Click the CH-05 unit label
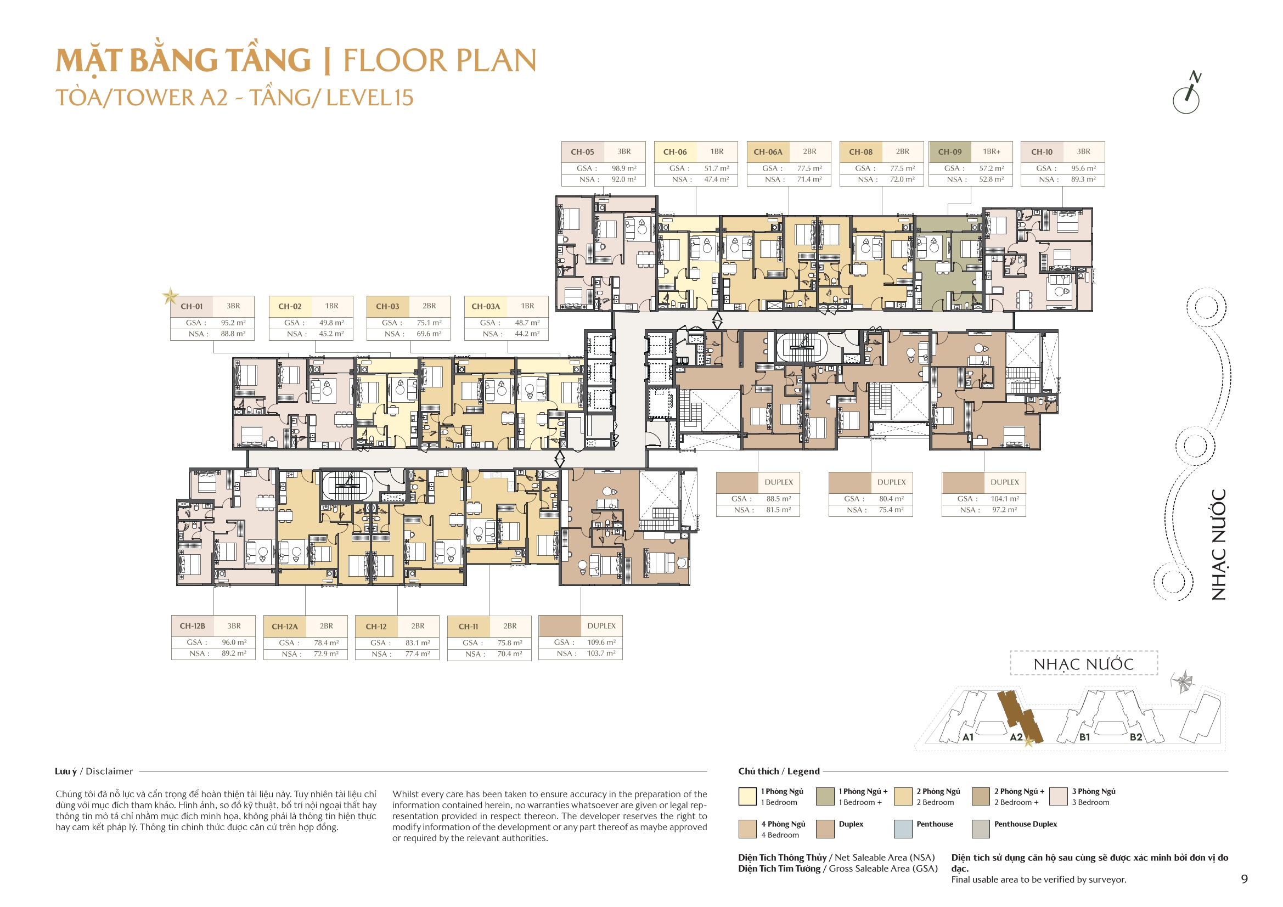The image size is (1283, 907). pyautogui.click(x=582, y=152)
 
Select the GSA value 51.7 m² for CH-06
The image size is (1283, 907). pyautogui.click(x=716, y=168)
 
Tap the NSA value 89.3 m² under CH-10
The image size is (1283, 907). pyautogui.click(x=1083, y=179)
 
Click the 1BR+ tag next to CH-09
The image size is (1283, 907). pyautogui.click(x=991, y=151)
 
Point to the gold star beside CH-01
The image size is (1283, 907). pyautogui.click(x=170, y=296)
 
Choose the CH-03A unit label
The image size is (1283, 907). pyautogui.click(x=486, y=306)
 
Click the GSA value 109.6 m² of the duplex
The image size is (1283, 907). pyautogui.click(x=601, y=643)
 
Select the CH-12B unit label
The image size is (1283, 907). pyautogui.click(x=192, y=626)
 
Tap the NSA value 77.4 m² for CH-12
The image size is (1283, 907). pyautogui.click(x=418, y=654)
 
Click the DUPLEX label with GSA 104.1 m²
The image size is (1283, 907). pyautogui.click(x=1004, y=482)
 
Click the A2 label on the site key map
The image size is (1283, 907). pyautogui.click(x=1016, y=737)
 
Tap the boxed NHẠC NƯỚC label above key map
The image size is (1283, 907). pyautogui.click(x=1083, y=664)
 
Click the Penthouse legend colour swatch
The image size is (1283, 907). pyautogui.click(x=903, y=829)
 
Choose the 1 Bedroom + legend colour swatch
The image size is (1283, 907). pyautogui.click(x=825, y=796)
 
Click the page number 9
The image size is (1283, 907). pyautogui.click(x=1244, y=879)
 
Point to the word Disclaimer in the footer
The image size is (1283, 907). pyautogui.click(x=110, y=771)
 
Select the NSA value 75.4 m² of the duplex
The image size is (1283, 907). pyautogui.click(x=891, y=510)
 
